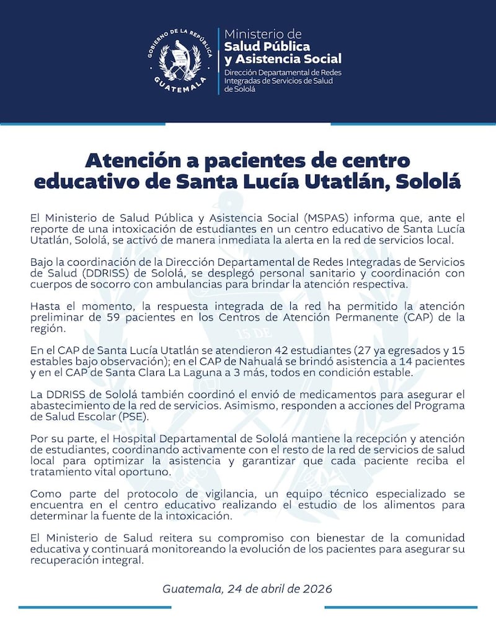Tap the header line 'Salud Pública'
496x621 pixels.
pyautogui.click(x=267, y=46)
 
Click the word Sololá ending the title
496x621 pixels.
pyautogui.click(x=428, y=181)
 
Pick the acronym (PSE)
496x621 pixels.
pyautogui.click(x=135, y=417)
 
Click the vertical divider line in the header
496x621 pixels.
pyautogui.click(x=219, y=61)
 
